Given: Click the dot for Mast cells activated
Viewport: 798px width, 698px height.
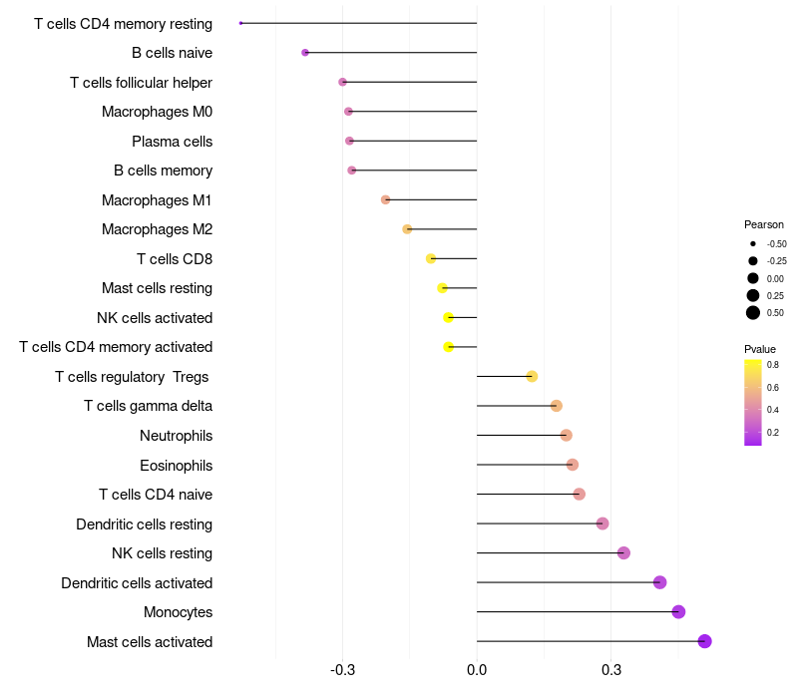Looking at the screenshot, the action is point(704,641).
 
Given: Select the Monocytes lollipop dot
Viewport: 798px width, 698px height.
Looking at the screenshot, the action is point(678,612).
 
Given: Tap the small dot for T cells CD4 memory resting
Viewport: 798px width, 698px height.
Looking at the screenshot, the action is point(240,23).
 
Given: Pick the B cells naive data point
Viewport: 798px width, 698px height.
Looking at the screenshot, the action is point(305,53).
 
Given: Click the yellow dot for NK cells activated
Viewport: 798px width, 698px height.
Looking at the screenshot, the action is point(448,317).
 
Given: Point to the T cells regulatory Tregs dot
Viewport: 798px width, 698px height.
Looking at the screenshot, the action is point(532,377).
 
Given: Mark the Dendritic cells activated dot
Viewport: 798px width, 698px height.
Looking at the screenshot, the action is point(659,582).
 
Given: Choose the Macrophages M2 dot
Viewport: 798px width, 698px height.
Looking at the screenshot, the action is point(407,229).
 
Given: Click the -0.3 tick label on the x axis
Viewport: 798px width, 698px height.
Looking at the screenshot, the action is point(342,670).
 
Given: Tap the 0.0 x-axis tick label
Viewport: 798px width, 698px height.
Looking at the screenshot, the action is point(477,670).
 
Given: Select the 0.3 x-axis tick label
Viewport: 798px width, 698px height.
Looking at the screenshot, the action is point(611,670).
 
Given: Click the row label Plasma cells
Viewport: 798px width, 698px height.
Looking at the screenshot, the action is point(172,142).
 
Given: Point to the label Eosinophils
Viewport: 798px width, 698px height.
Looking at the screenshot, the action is point(177,466).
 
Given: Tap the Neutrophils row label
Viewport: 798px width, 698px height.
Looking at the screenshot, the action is point(177,436).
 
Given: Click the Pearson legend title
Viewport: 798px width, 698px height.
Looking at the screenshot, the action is point(764,225).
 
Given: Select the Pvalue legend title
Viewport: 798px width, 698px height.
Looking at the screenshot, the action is point(760,350).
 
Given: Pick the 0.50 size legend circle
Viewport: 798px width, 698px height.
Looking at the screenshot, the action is point(753,313).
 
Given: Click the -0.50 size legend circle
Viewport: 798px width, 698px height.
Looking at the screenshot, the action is point(753,243).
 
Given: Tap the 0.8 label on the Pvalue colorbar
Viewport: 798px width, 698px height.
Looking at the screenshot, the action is point(772,365).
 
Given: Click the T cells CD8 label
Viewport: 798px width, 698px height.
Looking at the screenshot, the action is point(175,259).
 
